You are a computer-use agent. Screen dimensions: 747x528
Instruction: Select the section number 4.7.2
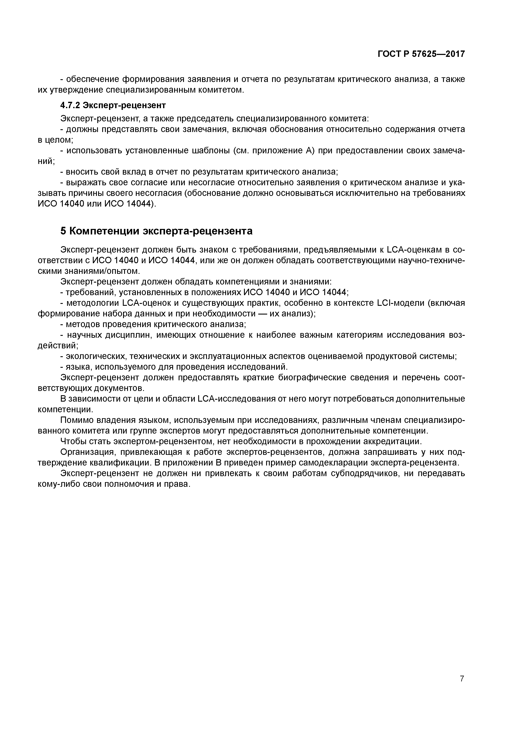pyautogui.click(x=70, y=105)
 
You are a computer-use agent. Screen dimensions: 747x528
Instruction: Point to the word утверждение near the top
pyautogui.click(x=76, y=90)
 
